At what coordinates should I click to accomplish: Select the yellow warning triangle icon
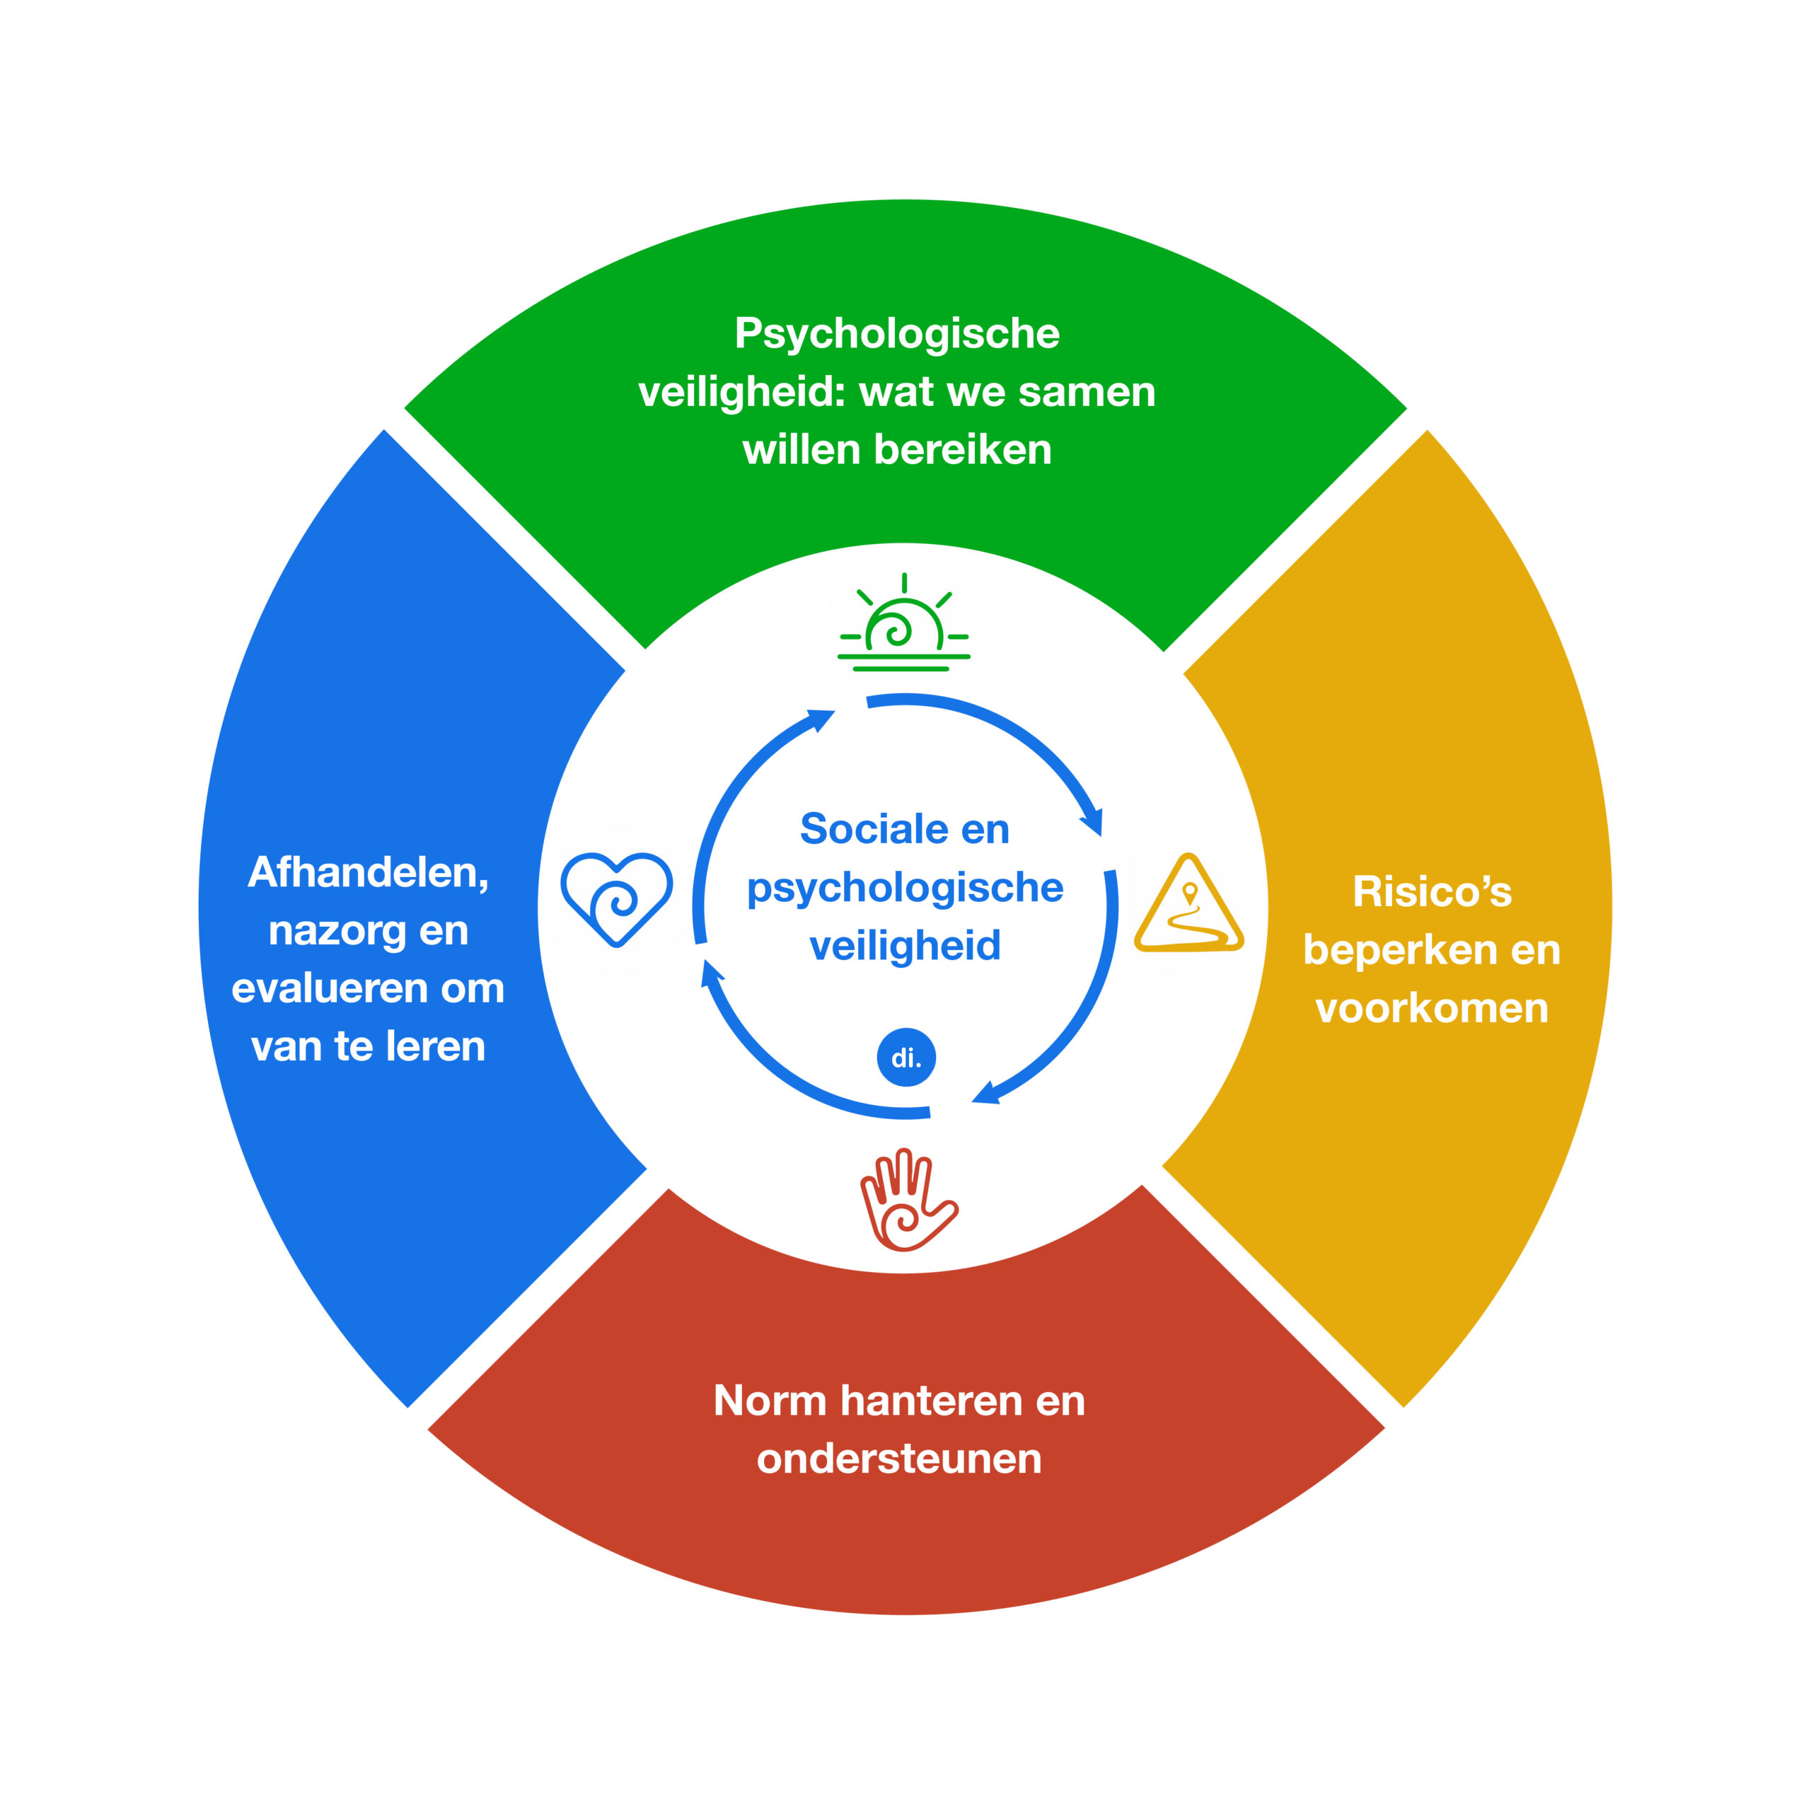tap(1188, 905)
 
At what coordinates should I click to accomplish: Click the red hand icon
tap(905, 1200)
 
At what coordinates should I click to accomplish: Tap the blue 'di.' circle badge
tap(905, 1058)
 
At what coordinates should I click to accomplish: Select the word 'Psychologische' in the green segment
tap(897, 335)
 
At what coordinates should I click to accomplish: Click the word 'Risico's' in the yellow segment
tap(1431, 891)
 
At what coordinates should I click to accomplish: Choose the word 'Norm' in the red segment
tap(769, 1401)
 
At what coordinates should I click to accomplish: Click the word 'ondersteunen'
tap(899, 1459)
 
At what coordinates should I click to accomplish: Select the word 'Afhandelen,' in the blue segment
tap(369, 873)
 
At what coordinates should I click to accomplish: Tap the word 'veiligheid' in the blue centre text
tap(905, 946)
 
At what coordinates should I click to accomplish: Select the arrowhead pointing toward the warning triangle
tap(1092, 822)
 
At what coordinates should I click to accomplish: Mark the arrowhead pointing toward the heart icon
tap(712, 972)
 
